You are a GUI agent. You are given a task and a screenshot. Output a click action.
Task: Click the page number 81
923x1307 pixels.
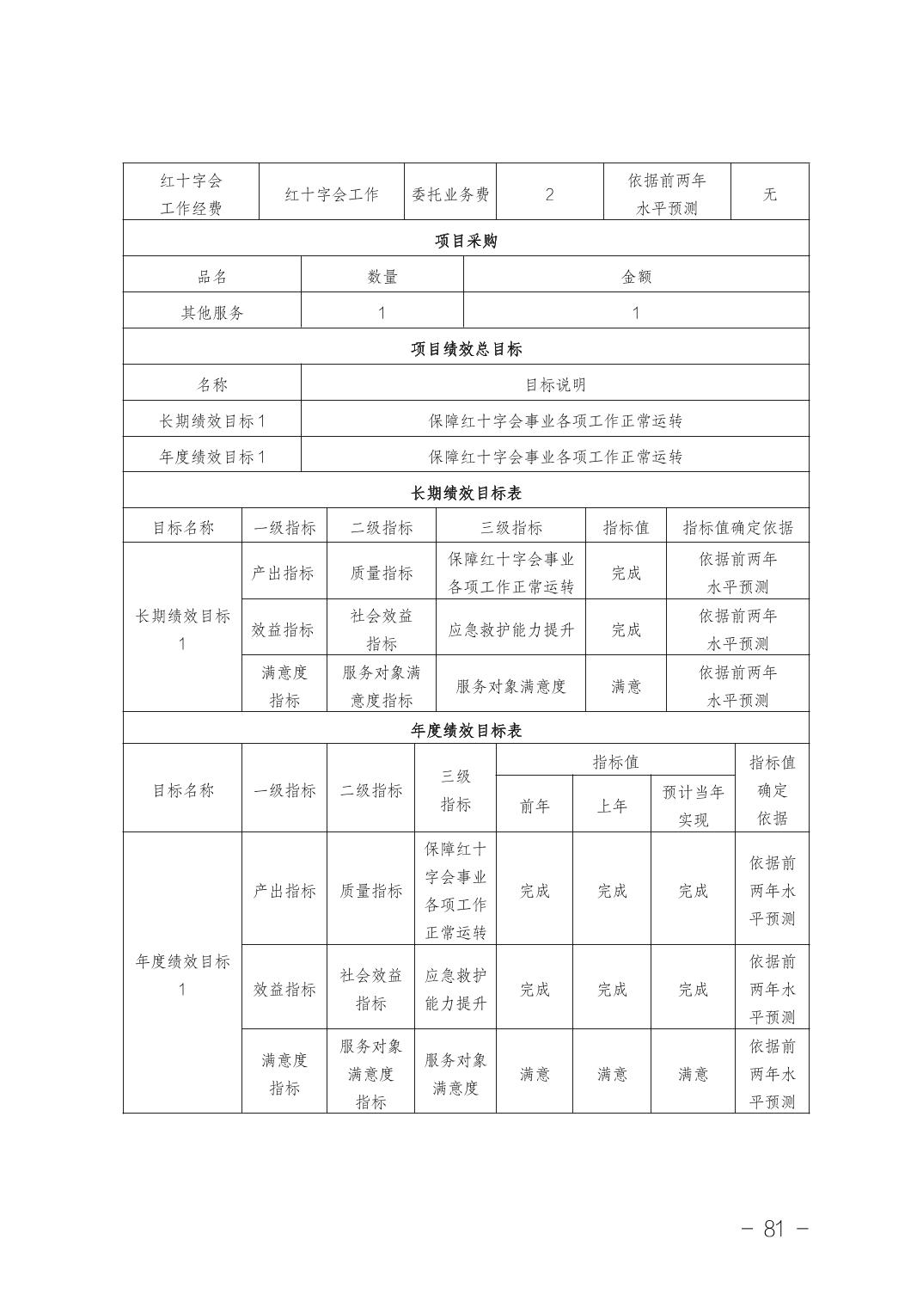(773, 1229)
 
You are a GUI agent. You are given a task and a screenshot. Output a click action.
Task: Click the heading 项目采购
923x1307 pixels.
(465, 241)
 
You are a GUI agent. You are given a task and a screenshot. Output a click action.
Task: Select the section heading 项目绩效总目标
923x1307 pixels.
(465, 349)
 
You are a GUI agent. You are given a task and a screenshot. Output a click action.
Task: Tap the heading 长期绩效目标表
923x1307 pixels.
(465, 494)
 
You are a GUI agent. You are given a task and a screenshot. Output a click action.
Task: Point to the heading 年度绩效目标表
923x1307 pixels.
(465, 731)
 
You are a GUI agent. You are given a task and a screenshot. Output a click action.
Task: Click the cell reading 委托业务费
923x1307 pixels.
(450, 194)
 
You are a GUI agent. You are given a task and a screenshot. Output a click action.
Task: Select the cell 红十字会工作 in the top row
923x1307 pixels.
(332, 194)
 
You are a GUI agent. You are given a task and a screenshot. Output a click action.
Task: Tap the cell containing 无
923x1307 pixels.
(769, 194)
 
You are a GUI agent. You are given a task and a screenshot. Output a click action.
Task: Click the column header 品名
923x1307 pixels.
(212, 277)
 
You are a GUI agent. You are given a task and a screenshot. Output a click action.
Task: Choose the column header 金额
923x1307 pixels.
(636, 277)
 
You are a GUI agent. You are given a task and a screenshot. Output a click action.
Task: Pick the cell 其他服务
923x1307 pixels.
(212, 313)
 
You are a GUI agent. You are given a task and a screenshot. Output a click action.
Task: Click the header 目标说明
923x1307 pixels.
(555, 385)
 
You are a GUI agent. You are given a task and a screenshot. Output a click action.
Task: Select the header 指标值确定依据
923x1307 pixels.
(737, 528)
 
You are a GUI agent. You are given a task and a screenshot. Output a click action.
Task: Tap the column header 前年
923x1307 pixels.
(535, 807)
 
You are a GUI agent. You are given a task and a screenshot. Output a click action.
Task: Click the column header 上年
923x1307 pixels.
(612, 807)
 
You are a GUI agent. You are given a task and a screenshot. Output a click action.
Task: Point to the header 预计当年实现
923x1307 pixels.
(693, 806)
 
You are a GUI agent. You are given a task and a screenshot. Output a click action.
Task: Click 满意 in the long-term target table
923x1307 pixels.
(626, 686)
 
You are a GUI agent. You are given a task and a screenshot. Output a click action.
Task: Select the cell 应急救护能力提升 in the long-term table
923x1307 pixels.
(510, 629)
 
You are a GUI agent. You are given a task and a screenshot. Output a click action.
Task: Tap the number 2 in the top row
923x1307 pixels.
(549, 194)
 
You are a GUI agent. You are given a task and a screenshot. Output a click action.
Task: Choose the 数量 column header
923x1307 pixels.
(382, 277)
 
